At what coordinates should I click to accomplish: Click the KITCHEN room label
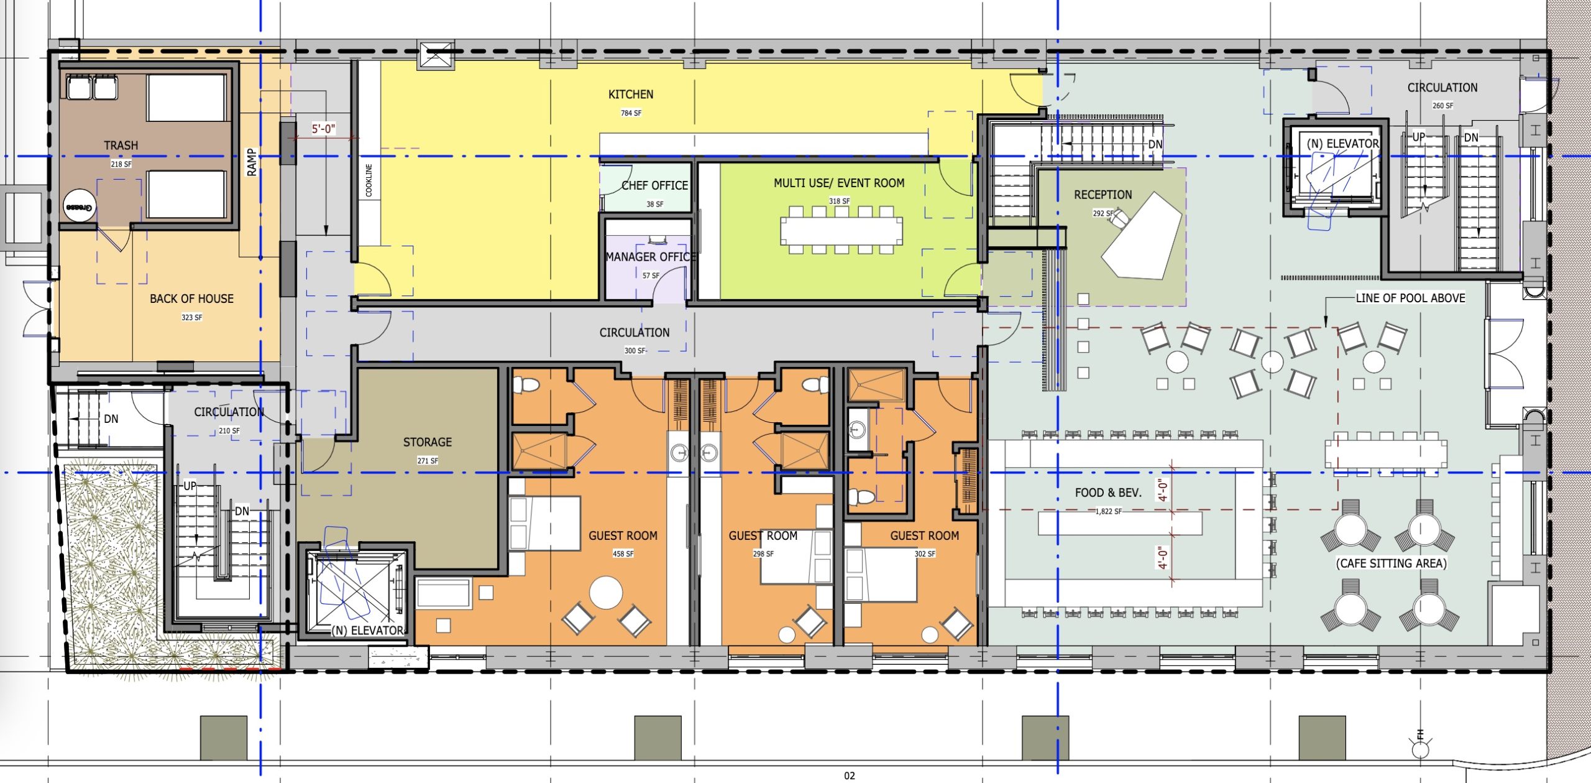(631, 95)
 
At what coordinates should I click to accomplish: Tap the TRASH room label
(121, 146)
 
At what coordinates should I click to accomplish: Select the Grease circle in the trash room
(80, 206)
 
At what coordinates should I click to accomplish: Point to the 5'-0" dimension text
(323, 129)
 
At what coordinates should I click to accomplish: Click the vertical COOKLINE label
(369, 180)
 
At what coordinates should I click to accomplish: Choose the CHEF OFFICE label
(654, 185)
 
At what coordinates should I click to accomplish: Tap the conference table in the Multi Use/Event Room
(841, 231)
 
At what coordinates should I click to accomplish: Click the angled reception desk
(1142, 236)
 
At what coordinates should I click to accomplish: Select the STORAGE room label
(428, 442)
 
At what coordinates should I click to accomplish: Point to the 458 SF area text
(623, 554)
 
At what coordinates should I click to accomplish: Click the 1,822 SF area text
(1109, 511)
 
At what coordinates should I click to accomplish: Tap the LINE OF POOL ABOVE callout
(1410, 298)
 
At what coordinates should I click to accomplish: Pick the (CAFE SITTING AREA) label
(1392, 563)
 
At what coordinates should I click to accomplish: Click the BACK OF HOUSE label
(191, 299)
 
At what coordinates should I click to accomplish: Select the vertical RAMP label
(251, 162)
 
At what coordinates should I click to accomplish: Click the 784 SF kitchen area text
(631, 113)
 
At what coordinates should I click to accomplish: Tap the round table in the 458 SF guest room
(606, 593)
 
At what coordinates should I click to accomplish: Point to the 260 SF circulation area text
(1442, 106)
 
